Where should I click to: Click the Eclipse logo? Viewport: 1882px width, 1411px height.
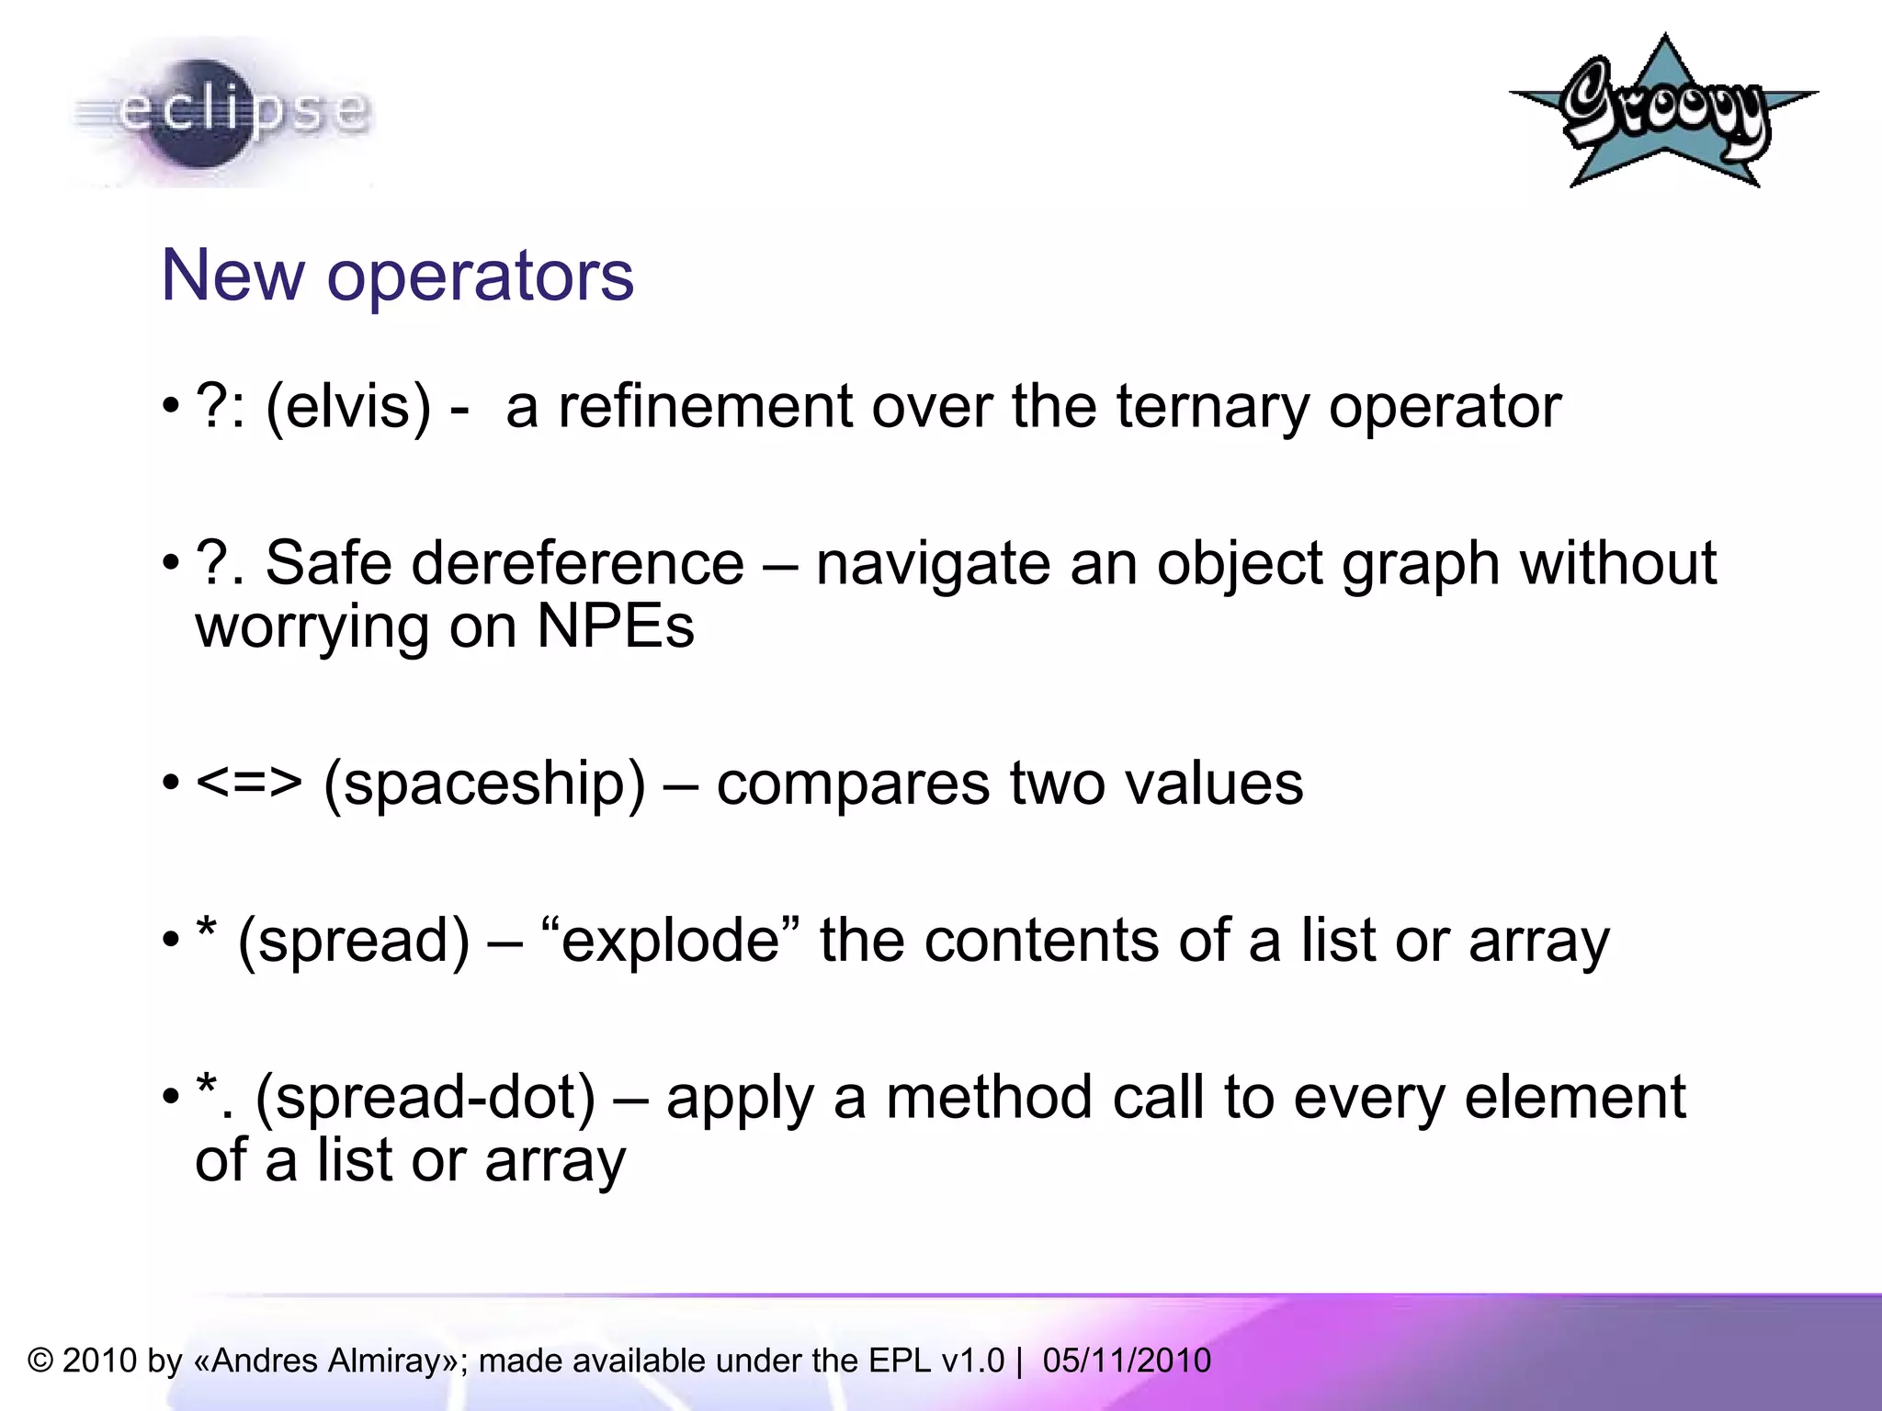221,112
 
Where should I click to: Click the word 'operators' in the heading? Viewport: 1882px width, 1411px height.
480,276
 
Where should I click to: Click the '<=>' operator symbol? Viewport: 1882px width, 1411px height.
249,783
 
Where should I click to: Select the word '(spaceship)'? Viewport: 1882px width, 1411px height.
484,785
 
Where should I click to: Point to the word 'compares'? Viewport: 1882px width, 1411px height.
853,785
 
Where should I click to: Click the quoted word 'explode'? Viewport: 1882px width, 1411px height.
670,941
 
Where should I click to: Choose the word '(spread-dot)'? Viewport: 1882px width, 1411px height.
425,1098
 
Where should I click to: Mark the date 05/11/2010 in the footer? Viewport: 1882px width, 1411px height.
1127,1360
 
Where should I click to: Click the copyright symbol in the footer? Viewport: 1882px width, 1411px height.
40,1360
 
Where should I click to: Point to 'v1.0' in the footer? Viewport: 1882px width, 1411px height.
974,1360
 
